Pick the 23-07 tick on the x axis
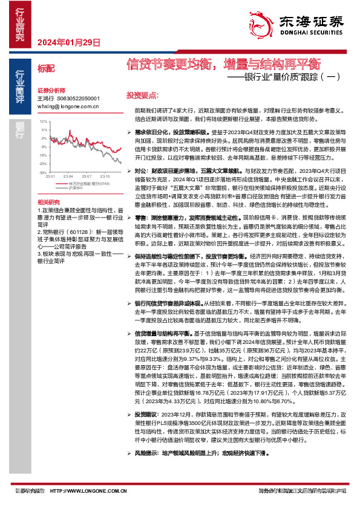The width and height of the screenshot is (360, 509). coord(88,177)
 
